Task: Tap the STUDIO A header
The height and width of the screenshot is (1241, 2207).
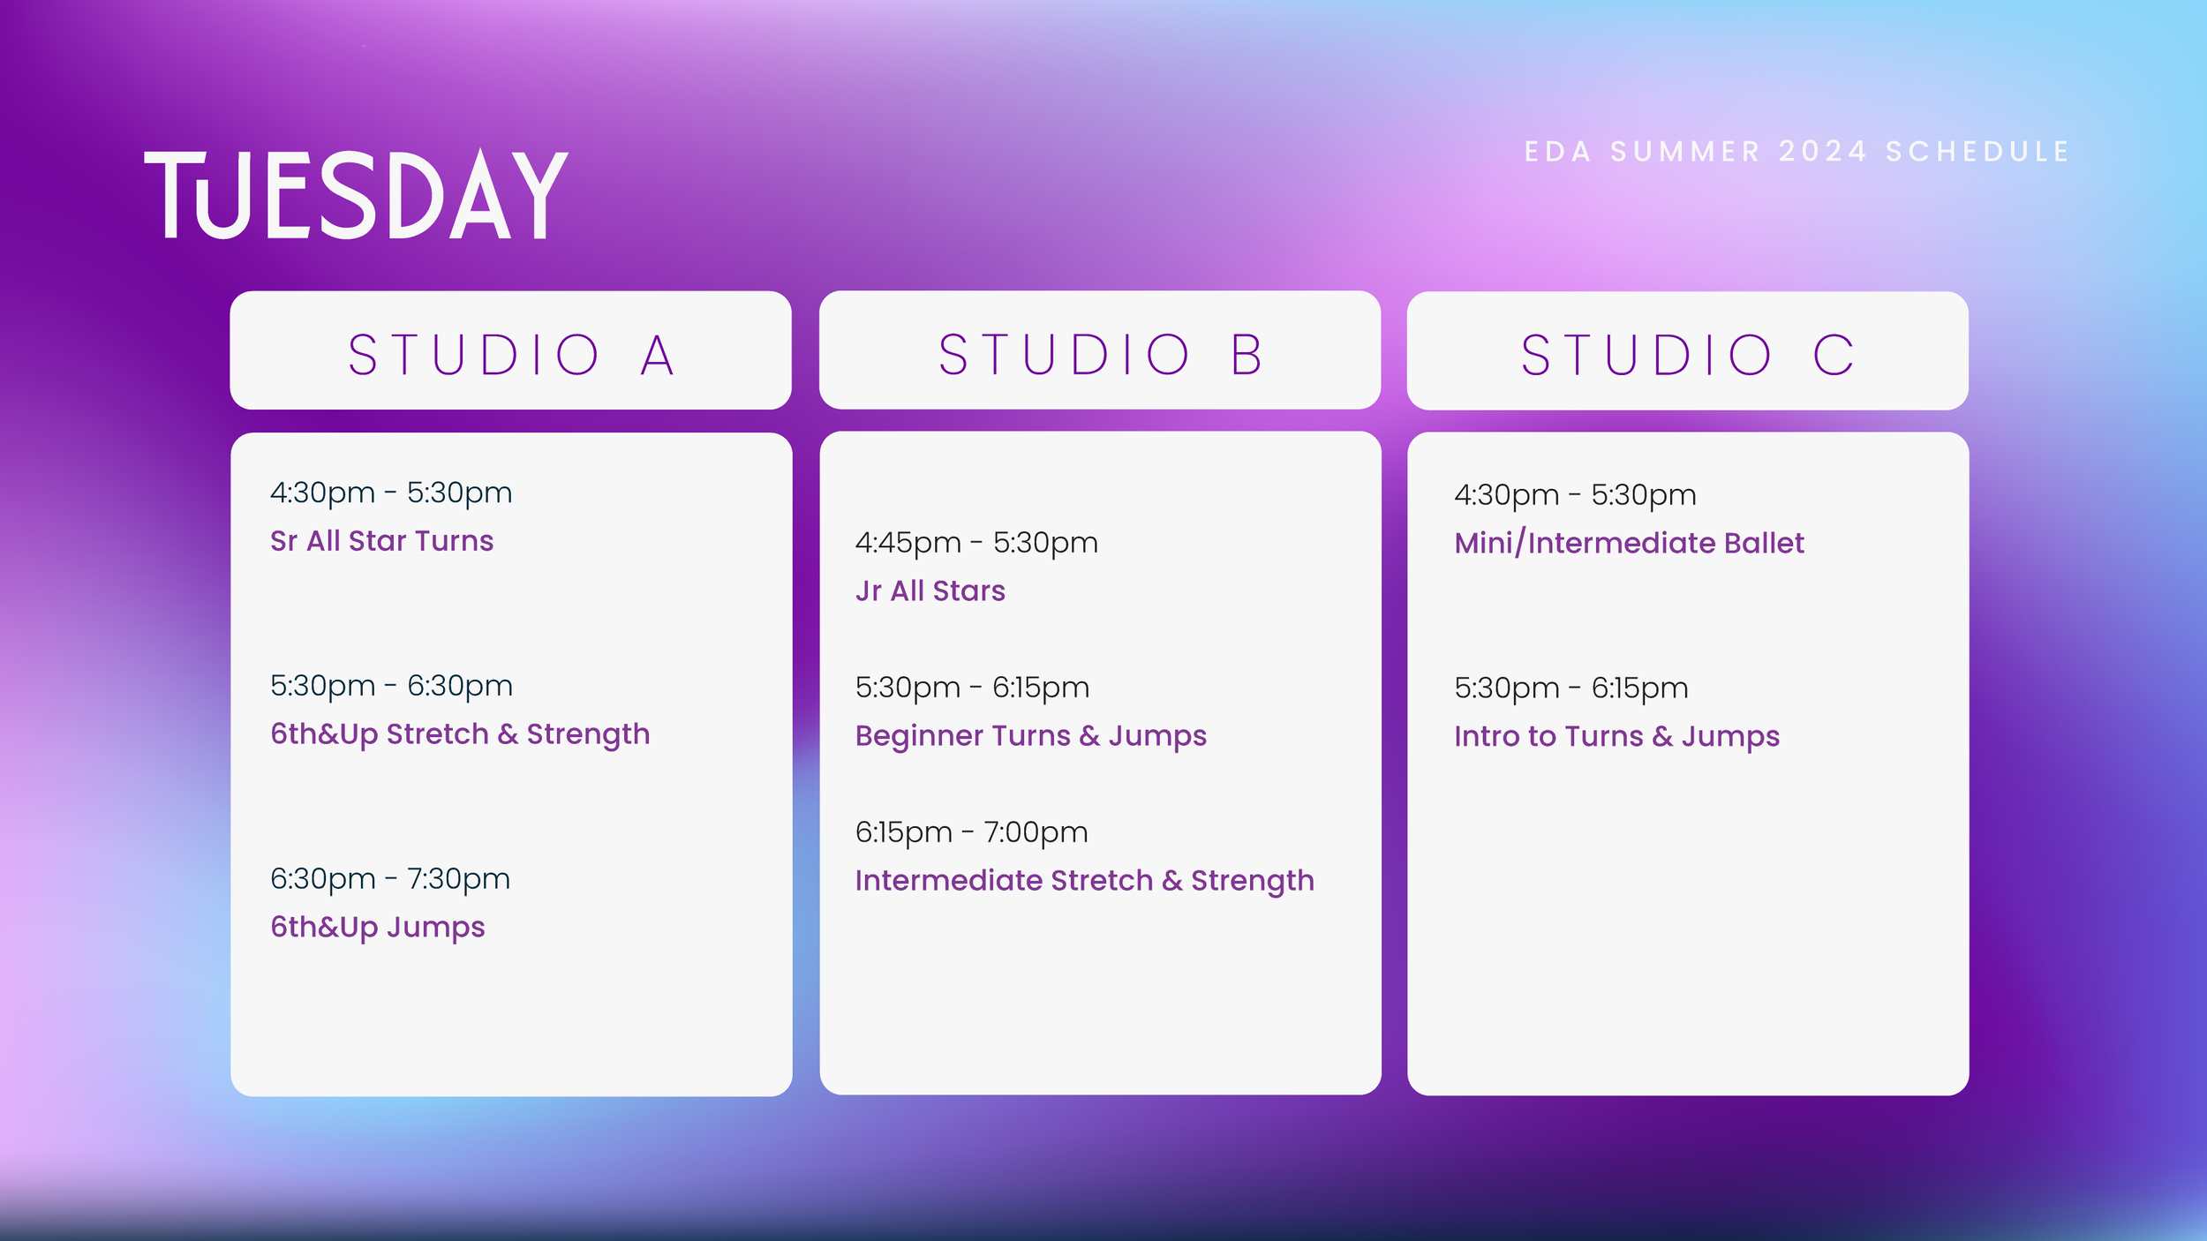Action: [x=510, y=355]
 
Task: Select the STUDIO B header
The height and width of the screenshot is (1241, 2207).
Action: [x=1100, y=355]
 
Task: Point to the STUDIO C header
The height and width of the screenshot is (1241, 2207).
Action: [x=1687, y=355]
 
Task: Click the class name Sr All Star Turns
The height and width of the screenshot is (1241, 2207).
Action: [x=381, y=541]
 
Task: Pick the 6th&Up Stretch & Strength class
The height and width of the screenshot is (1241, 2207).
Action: [x=460, y=734]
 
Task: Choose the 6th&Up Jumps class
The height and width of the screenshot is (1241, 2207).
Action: [x=377, y=928]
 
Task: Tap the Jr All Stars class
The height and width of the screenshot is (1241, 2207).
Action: [x=930, y=591]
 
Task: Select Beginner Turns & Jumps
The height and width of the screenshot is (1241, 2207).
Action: [x=1030, y=736]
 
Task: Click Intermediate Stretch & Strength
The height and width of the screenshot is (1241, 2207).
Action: [x=1084, y=881]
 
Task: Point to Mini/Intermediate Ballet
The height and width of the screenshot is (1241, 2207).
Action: [x=1629, y=544]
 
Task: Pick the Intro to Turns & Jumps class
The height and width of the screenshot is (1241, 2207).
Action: [x=1616, y=737]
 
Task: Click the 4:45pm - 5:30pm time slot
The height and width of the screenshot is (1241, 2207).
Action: [x=976, y=543]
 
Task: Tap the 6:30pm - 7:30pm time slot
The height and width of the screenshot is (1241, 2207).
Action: [x=390, y=879]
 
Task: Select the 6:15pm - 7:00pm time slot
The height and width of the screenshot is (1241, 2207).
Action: [x=971, y=832]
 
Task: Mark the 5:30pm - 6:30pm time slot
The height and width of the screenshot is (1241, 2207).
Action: [x=391, y=686]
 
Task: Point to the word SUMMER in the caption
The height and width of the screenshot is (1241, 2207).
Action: [x=1685, y=152]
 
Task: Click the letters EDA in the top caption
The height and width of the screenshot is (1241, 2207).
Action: [x=1558, y=152]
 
